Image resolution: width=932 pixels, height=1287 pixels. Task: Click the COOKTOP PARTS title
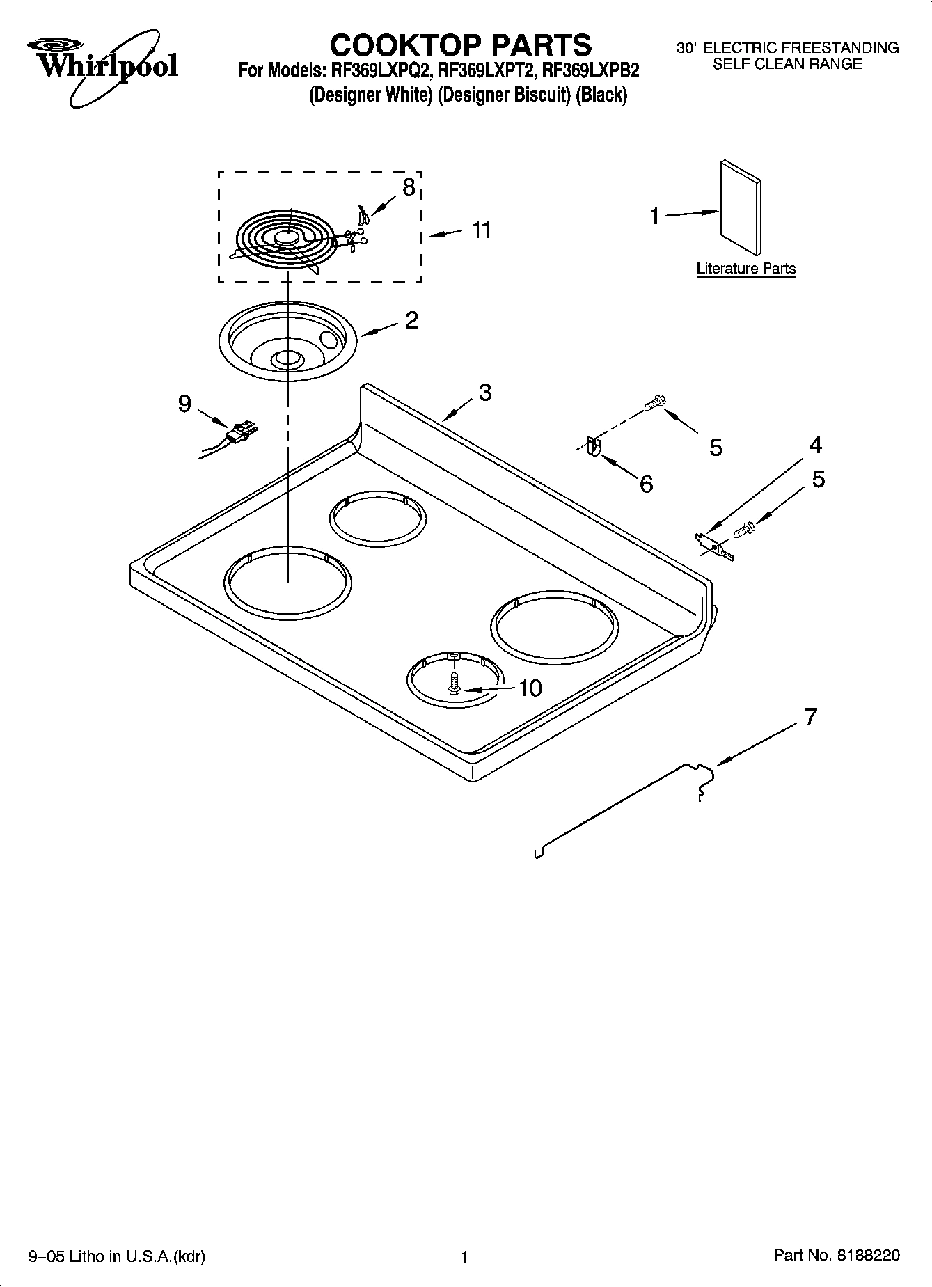click(x=461, y=45)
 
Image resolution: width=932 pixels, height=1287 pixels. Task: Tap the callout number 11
click(x=481, y=230)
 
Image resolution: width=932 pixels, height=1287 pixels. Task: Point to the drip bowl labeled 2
click(x=281, y=341)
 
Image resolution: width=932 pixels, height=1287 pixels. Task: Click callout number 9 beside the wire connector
click(x=184, y=404)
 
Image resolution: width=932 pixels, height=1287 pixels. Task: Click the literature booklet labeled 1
click(x=740, y=209)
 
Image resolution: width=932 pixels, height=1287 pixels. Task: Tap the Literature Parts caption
click(x=746, y=269)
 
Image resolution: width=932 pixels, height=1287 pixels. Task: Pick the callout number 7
click(x=811, y=716)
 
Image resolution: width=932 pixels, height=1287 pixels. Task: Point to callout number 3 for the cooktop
click(x=484, y=393)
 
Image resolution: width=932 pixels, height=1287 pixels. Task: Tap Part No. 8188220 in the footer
click(x=837, y=1255)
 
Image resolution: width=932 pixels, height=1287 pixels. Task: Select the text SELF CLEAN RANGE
click(x=787, y=64)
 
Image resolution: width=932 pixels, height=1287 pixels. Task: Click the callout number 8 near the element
click(x=409, y=187)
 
